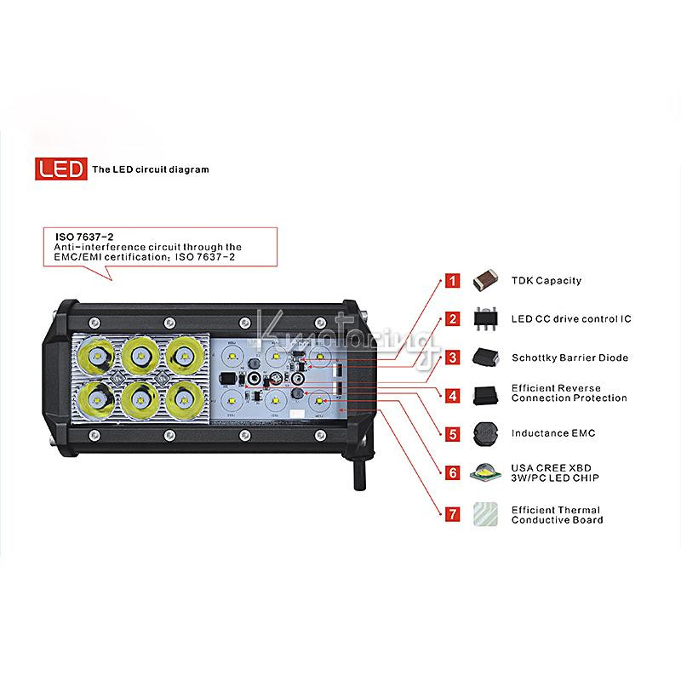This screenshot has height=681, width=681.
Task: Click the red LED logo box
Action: pyautogui.click(x=60, y=169)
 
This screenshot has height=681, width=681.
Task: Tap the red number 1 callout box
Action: pyautogui.click(x=453, y=281)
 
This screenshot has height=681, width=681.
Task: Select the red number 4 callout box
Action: pyautogui.click(x=453, y=396)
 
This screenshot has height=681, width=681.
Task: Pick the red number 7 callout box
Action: pyautogui.click(x=453, y=514)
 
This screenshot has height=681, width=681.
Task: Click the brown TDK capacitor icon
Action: pyautogui.click(x=485, y=280)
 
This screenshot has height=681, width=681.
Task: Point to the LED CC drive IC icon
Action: pyautogui.click(x=485, y=319)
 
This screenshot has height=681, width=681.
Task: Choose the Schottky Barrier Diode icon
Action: pyautogui.click(x=485, y=358)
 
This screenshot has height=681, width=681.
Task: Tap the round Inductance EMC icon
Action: pyautogui.click(x=485, y=434)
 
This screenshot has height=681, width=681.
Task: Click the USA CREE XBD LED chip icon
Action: pyautogui.click(x=485, y=472)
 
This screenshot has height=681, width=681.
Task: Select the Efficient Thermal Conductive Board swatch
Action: pyautogui.click(x=485, y=515)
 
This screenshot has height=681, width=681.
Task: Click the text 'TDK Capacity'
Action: pyautogui.click(x=547, y=281)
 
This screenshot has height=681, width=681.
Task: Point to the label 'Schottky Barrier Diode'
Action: pyautogui.click(x=569, y=358)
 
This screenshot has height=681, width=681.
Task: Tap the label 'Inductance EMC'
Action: pyautogui.click(x=553, y=433)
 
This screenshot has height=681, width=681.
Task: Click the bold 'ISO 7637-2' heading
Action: pyautogui.click(x=84, y=237)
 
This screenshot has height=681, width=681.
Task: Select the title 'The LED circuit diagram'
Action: pyautogui.click(x=151, y=169)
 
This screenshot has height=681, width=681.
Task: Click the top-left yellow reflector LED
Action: pyautogui.click(x=96, y=357)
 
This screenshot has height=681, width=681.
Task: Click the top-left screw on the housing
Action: pyautogui.click(x=94, y=323)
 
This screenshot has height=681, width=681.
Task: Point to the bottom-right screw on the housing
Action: pyautogui.click(x=321, y=435)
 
